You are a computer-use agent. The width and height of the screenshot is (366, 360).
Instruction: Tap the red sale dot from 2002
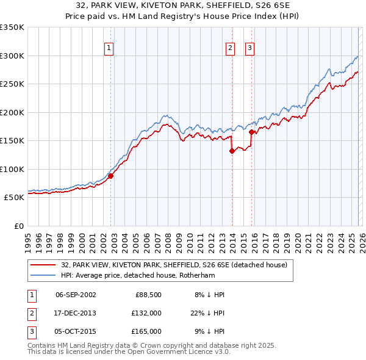tap(110, 176)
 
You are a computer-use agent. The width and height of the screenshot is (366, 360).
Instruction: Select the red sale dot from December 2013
tap(232, 151)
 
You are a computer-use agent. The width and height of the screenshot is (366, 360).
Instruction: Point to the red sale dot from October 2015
tap(251, 131)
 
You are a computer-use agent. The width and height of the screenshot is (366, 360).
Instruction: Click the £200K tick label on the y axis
tap(12, 112)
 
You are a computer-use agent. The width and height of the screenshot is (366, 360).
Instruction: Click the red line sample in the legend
tap(43, 265)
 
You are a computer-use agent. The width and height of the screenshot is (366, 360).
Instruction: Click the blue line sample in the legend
tap(43, 275)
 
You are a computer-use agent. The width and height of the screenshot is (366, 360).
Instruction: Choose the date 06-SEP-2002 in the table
tap(76, 295)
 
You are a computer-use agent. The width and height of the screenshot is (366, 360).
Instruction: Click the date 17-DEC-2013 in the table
tap(76, 313)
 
